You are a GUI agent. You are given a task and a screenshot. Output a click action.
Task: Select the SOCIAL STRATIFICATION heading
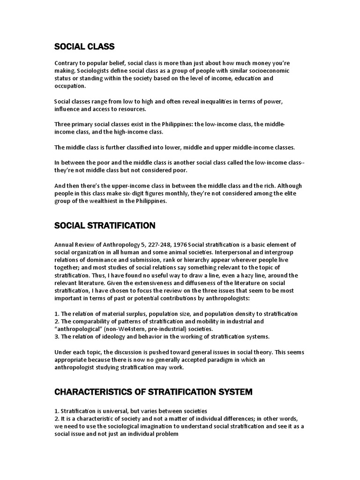tap(105, 225)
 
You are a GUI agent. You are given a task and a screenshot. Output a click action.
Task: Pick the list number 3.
tap(56, 337)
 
